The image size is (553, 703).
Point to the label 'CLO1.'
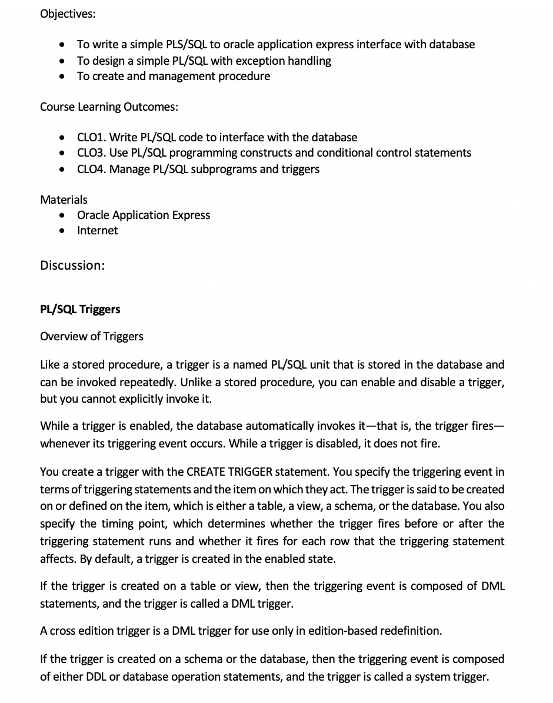click(x=91, y=138)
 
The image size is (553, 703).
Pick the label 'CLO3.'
click(x=91, y=153)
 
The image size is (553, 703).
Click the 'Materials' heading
click(x=64, y=200)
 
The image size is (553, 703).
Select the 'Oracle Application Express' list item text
click(x=144, y=215)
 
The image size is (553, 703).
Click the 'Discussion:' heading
click(x=72, y=266)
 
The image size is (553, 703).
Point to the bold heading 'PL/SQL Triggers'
click(x=80, y=310)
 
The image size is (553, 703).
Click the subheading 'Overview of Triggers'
click(x=91, y=337)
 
